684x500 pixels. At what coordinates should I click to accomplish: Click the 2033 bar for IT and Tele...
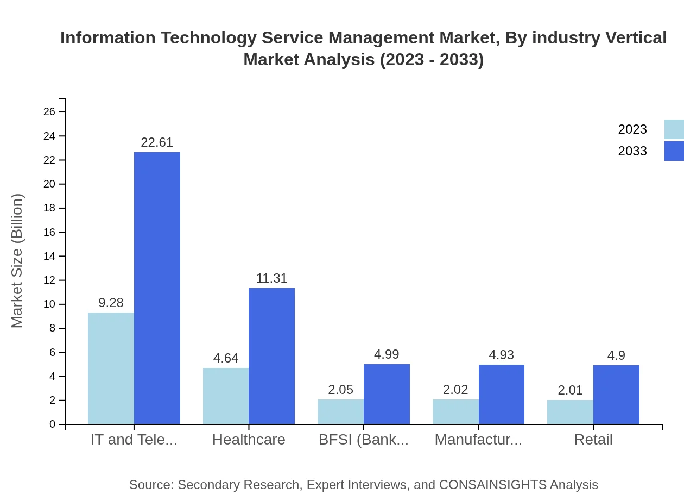[157, 288]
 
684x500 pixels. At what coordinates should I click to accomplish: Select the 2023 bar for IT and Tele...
[111, 368]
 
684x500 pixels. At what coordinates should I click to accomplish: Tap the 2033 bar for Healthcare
[271, 356]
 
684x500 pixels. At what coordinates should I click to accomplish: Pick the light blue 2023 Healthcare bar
[226, 396]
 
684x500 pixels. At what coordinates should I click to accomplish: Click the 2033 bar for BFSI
[387, 394]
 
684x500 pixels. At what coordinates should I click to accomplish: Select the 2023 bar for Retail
[570, 412]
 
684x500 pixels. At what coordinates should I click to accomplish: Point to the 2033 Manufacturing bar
[502, 395]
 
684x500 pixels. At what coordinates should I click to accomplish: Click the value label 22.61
[157, 142]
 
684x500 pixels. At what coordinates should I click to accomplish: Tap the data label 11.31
[271, 278]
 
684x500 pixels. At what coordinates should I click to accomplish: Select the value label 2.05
[340, 390]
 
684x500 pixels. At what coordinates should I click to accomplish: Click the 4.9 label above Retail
[616, 355]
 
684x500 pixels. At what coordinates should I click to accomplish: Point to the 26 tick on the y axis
[49, 112]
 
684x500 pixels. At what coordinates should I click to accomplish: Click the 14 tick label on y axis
[49, 256]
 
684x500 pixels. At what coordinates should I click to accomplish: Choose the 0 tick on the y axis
[52, 424]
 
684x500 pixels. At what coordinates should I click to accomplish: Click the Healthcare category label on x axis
[249, 440]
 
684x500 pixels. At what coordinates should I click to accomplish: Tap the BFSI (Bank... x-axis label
[364, 440]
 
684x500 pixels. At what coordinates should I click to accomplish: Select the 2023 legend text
[632, 129]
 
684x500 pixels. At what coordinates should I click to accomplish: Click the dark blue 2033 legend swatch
[674, 151]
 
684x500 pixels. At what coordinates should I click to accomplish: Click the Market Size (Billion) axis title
[17, 261]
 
